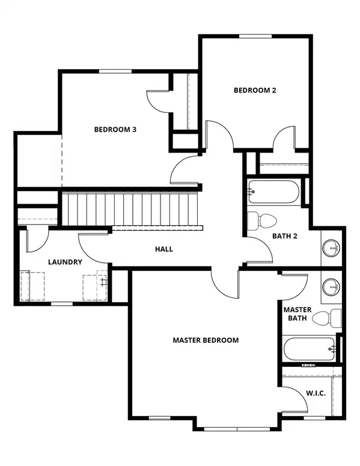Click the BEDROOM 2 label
coord(254,91)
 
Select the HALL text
coord(163,249)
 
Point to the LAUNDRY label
coord(65,262)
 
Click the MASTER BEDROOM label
coord(206,340)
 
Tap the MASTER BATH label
coord(297,313)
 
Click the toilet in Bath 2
coord(263,220)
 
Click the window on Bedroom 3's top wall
coord(115,71)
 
